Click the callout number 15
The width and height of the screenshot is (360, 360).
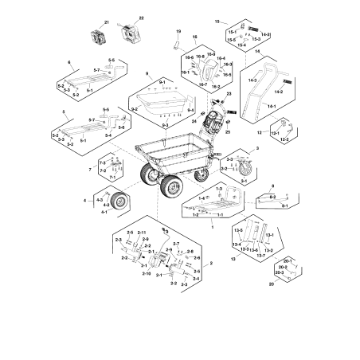[217, 18]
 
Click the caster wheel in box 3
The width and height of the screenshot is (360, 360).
[246, 170]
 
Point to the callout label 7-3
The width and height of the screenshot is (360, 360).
[102, 162]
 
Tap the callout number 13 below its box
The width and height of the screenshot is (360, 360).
[234, 259]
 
